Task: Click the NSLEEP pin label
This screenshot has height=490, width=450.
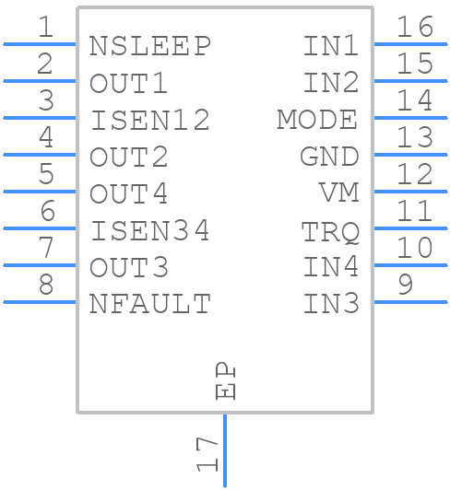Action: [x=150, y=46]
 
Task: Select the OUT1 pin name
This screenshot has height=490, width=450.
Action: [x=128, y=83]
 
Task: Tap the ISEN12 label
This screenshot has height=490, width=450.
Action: [x=150, y=120]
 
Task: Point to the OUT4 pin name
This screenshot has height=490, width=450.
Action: [x=128, y=193]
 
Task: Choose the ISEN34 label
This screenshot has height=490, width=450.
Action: [x=150, y=230]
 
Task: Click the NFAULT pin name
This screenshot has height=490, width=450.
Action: [x=150, y=304]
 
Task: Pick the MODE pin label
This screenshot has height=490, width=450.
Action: [x=317, y=120]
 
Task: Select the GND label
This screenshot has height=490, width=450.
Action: [x=329, y=157]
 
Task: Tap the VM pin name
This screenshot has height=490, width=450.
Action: [x=339, y=192]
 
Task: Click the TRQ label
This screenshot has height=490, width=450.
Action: [x=330, y=231]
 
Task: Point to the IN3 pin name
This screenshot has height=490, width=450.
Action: [x=331, y=303]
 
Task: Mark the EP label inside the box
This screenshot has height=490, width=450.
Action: [x=225, y=381]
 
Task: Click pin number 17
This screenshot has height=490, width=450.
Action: [x=207, y=454]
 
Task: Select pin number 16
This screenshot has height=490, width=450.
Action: [x=415, y=27]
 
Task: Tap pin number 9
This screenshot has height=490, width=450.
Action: [x=406, y=285]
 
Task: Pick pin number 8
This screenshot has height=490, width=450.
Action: [x=46, y=285]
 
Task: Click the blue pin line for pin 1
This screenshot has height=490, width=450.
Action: [x=40, y=44]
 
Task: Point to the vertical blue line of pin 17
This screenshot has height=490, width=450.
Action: [x=225, y=450]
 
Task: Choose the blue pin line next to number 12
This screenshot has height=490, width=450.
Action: [x=410, y=192]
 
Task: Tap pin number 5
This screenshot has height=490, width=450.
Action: [x=46, y=173]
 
